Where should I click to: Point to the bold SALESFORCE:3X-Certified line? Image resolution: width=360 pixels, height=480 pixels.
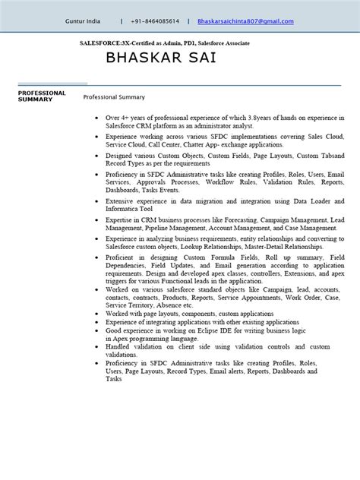pyautogui.click(x=165, y=43)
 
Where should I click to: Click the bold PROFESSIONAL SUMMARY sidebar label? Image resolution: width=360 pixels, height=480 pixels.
pyautogui.click(x=41, y=96)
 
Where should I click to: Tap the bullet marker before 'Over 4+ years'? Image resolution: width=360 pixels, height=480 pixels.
pyautogui.click(x=95, y=118)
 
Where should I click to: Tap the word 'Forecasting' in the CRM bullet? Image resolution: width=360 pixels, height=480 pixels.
pyautogui.click(x=236, y=219)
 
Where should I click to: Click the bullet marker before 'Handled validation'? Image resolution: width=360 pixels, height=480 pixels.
pyautogui.click(x=95, y=346)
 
